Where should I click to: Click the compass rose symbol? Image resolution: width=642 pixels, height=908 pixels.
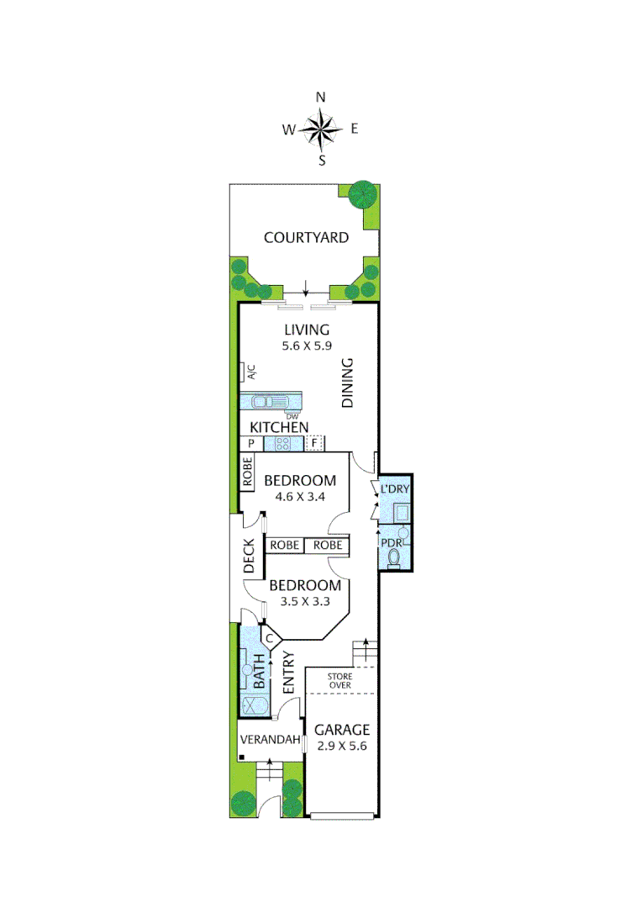[320, 129]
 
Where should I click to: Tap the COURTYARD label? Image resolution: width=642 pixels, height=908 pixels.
[306, 238]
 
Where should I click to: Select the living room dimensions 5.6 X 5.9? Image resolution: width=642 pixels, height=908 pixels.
[306, 345]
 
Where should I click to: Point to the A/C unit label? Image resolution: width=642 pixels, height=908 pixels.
[250, 371]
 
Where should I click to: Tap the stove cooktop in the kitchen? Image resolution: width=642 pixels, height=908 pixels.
[284, 444]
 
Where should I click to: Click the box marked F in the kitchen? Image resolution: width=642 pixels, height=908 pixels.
[314, 443]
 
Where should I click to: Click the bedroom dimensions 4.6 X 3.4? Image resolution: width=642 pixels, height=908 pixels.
[300, 496]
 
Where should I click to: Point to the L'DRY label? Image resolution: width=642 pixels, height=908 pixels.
[394, 488]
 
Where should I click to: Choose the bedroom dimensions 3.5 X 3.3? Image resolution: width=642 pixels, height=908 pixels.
[304, 601]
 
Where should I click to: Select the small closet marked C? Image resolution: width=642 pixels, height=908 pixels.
[270, 639]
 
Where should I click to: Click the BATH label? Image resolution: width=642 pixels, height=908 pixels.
[260, 673]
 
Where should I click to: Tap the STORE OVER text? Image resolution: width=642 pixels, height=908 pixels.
[339, 680]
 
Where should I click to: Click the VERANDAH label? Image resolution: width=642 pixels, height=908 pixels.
[271, 741]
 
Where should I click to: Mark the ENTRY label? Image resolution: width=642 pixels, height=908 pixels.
[288, 673]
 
